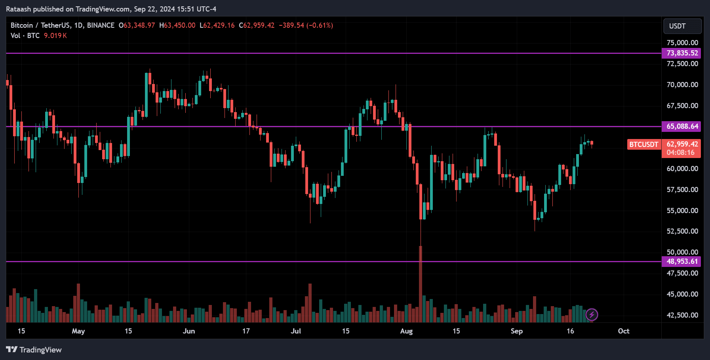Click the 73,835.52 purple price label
681,53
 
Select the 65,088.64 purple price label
681,126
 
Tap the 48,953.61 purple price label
681,261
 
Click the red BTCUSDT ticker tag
644,145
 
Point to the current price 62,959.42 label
682,144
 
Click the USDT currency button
682,26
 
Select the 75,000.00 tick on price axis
682,43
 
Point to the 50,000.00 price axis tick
682,252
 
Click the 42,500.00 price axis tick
682,315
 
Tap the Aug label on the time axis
406,331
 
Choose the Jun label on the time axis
189,331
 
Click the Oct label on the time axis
623,331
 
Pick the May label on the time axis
78,331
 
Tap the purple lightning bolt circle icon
592,315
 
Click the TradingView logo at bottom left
34,350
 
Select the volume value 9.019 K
55,36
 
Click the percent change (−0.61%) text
320,25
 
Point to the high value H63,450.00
177,25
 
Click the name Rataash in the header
18,9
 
